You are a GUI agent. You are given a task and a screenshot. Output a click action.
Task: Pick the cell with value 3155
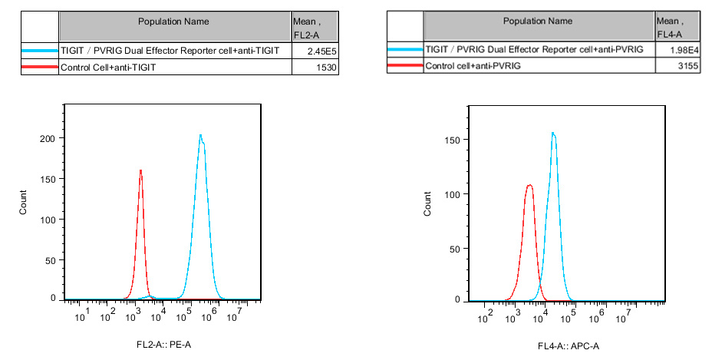pos(678,67)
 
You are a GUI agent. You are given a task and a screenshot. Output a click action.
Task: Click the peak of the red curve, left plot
pos(141,170)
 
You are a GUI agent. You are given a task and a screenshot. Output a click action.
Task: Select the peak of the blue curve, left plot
pos(200,136)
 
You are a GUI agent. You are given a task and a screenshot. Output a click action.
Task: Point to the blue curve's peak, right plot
pos(552,133)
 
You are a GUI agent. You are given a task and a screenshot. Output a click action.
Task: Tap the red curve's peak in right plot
pos(529,185)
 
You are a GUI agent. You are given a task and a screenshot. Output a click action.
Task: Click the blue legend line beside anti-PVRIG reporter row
pos(404,49)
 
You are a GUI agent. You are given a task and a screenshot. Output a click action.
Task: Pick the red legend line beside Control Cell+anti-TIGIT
pos(40,68)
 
